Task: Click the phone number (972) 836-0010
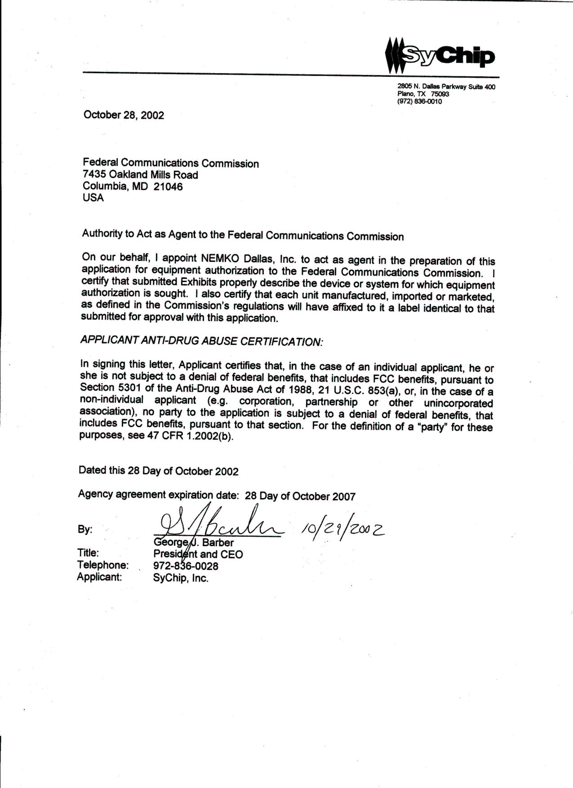420,102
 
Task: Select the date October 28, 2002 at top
123,115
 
